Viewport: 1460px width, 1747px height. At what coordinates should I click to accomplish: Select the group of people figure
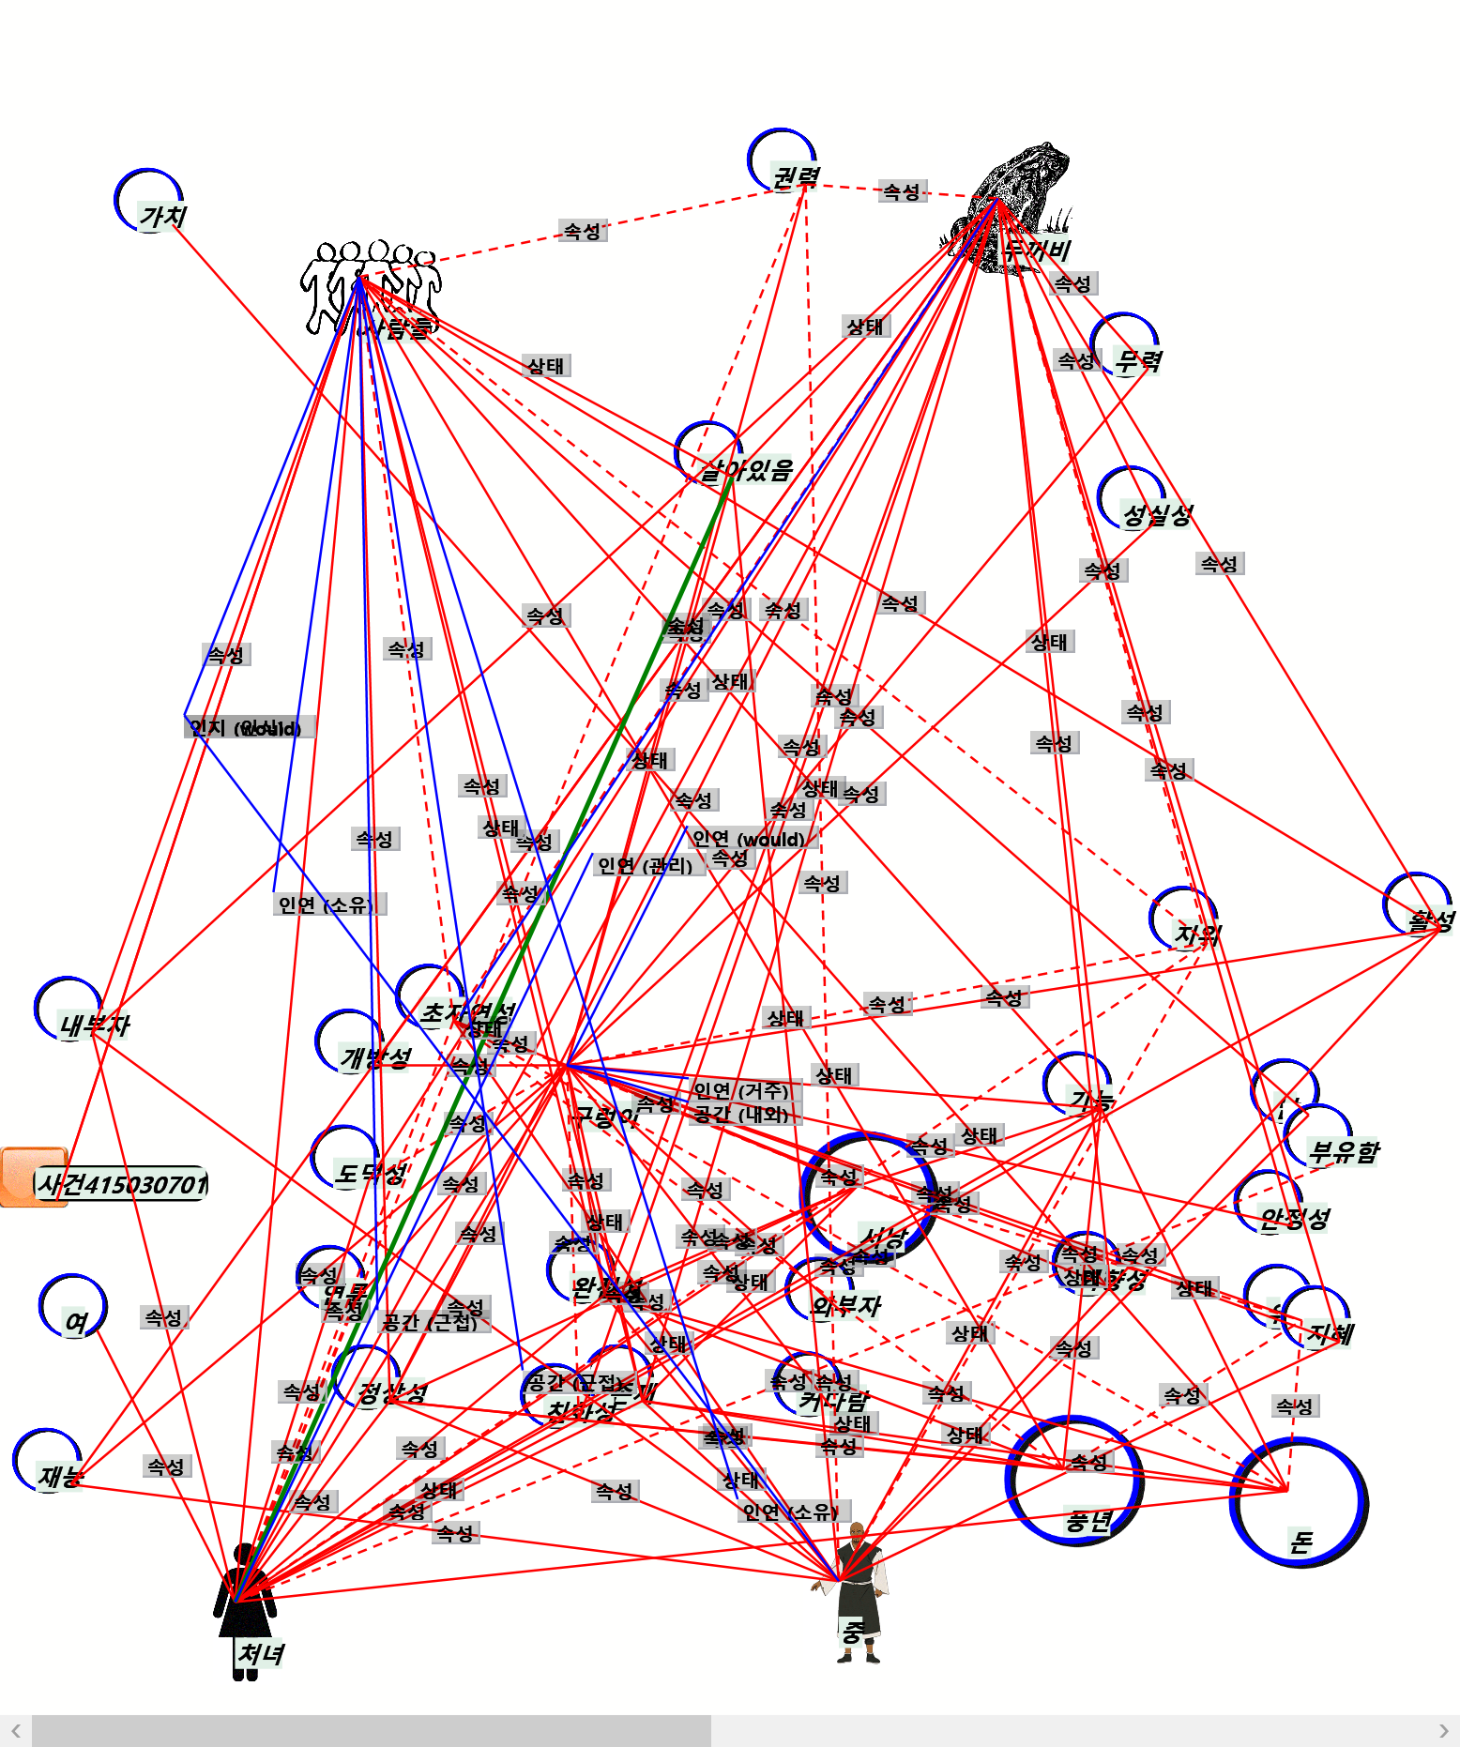coord(371,286)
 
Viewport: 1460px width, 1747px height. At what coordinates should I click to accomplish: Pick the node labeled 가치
coord(163,217)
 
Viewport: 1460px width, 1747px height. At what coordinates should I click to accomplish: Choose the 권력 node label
coord(796,176)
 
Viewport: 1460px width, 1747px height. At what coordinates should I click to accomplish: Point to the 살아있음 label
coord(748,469)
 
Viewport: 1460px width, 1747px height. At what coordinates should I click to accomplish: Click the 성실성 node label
coord(1158,514)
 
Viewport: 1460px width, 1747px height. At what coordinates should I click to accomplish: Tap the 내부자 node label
coord(94,1025)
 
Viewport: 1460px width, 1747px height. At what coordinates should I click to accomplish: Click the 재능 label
coord(59,1476)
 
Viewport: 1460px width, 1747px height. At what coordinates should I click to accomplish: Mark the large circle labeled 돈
coord(1299,1502)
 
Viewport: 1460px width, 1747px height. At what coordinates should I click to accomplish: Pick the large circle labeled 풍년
coord(1074,1481)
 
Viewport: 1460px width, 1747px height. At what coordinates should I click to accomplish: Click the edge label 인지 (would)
coord(246,727)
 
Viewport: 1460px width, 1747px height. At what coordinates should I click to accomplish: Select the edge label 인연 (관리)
coord(645,865)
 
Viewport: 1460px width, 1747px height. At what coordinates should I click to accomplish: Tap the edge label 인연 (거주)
coord(741,1090)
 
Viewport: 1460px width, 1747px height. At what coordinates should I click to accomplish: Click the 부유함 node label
coord(1344,1151)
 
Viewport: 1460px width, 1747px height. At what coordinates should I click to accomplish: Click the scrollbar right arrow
coord(1443,1731)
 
